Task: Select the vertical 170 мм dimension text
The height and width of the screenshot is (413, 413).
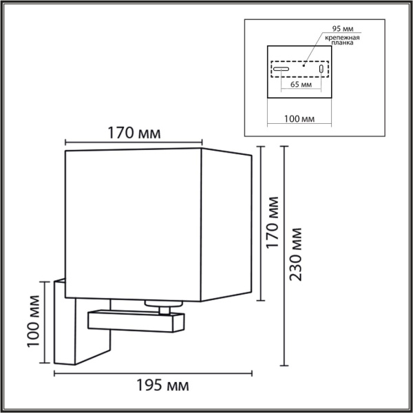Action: (273, 222)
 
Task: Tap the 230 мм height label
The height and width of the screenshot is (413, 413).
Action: (297, 255)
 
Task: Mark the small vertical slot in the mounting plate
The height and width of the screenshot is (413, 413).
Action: (321, 70)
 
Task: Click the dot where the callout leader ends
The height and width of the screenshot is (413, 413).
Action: (303, 63)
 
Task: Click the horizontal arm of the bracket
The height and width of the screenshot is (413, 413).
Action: (135, 319)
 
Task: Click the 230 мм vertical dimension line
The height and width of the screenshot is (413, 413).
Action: (284, 255)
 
